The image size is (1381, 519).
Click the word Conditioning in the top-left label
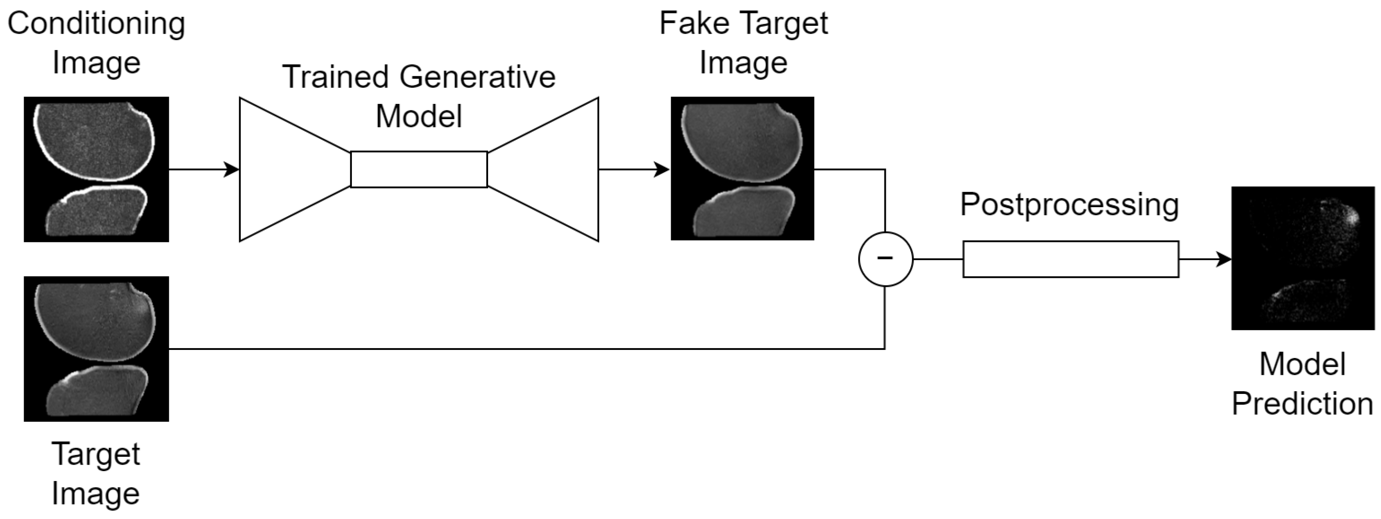click(x=96, y=24)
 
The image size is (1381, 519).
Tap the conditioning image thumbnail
click(x=96, y=169)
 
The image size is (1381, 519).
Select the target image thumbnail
click(x=96, y=349)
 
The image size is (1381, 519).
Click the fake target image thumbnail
click(x=743, y=169)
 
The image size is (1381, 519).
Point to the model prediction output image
click(x=1303, y=258)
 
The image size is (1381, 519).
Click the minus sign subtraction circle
click(x=885, y=259)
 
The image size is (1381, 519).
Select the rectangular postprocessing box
click(x=1070, y=259)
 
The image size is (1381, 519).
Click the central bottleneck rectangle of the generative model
click(x=419, y=170)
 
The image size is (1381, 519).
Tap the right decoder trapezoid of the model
click(x=547, y=170)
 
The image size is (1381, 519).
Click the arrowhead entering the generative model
click(x=232, y=170)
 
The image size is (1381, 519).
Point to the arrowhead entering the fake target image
click(x=663, y=170)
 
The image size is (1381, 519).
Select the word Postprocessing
click(x=1069, y=205)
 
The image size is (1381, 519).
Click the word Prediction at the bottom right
click(x=1302, y=404)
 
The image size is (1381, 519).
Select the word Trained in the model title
click(x=336, y=77)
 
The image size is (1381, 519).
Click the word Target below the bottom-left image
click(x=96, y=454)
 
